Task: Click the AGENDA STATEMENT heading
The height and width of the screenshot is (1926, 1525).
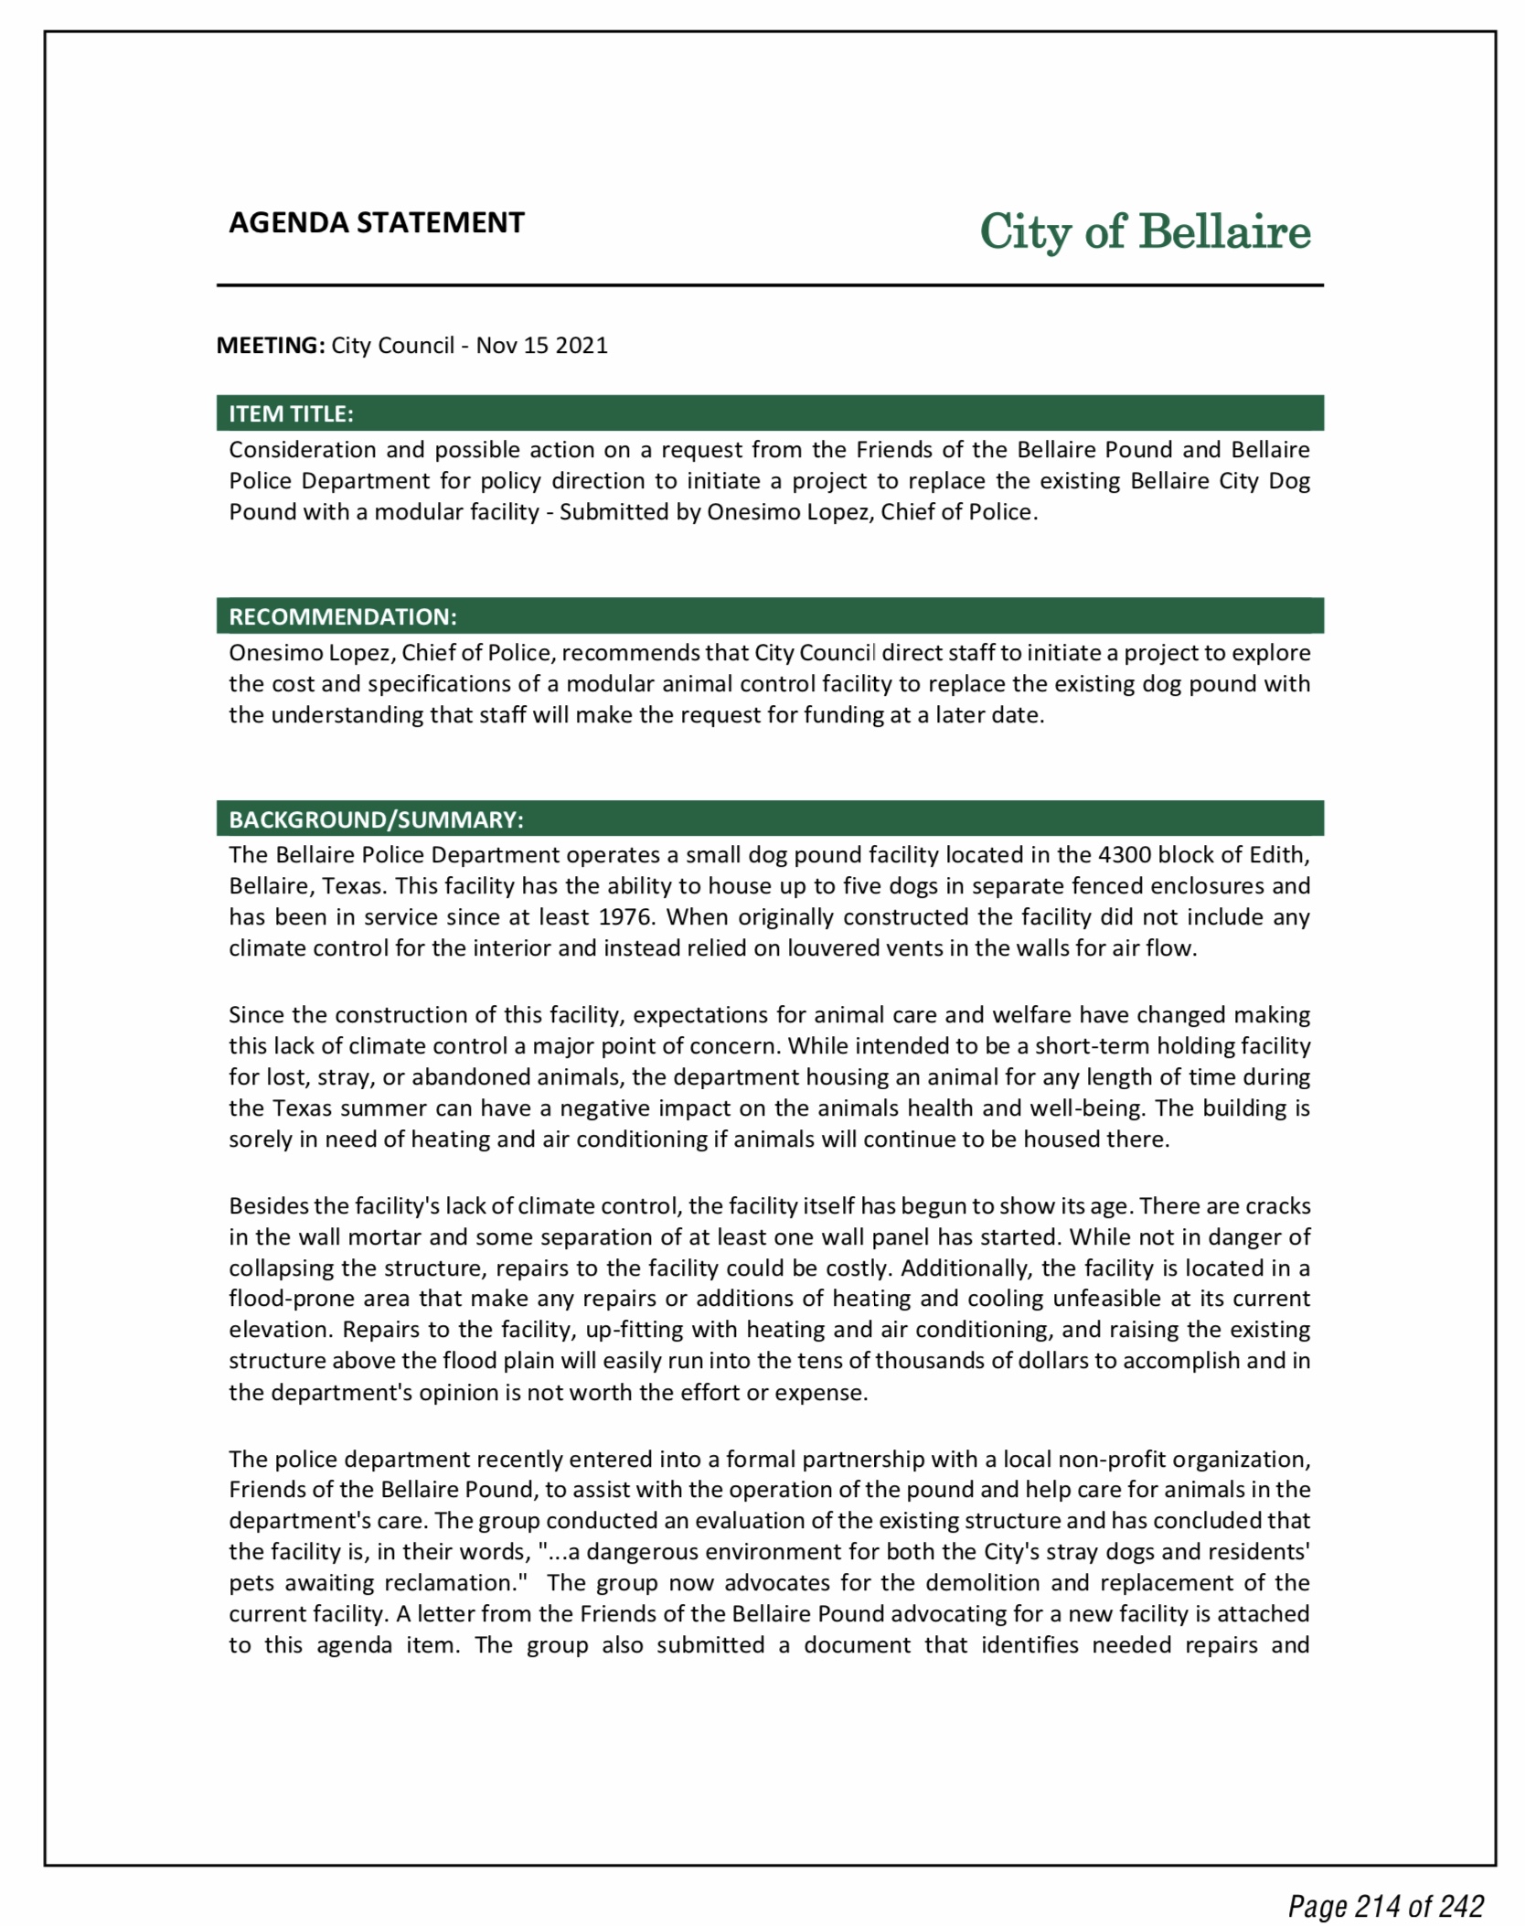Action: tap(376, 222)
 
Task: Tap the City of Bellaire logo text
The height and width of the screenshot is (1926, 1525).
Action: tap(1145, 231)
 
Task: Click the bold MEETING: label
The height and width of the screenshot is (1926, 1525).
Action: tap(270, 345)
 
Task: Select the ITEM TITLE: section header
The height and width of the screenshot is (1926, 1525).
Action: tap(291, 413)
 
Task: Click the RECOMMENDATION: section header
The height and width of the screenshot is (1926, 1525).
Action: tap(342, 616)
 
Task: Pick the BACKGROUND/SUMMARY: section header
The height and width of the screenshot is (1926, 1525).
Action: tap(376, 819)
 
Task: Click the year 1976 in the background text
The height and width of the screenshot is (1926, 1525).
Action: tap(627, 917)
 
